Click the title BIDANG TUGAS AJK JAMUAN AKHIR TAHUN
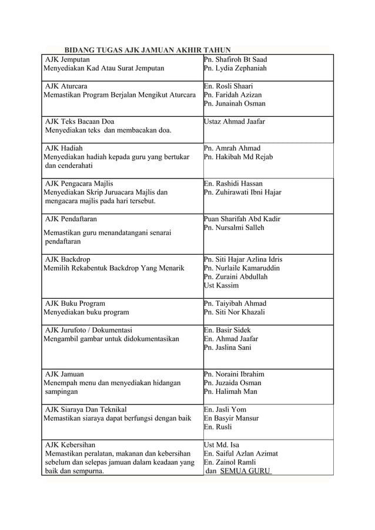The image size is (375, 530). [147, 50]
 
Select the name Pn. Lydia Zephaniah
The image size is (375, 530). [235, 69]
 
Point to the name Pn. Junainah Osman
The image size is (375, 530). [235, 104]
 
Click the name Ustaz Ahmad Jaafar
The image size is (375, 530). [234, 121]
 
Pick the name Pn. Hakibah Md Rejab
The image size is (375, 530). [238, 157]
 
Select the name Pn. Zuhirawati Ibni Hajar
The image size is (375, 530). [242, 192]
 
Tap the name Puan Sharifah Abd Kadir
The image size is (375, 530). [242, 219]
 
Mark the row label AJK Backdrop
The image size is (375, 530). [68, 259]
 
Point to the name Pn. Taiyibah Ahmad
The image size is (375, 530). [235, 303]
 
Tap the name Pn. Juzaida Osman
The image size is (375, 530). [232, 383]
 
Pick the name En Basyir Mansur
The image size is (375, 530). [231, 418]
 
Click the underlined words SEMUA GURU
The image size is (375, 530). [245, 471]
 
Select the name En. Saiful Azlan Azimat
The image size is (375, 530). [240, 454]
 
